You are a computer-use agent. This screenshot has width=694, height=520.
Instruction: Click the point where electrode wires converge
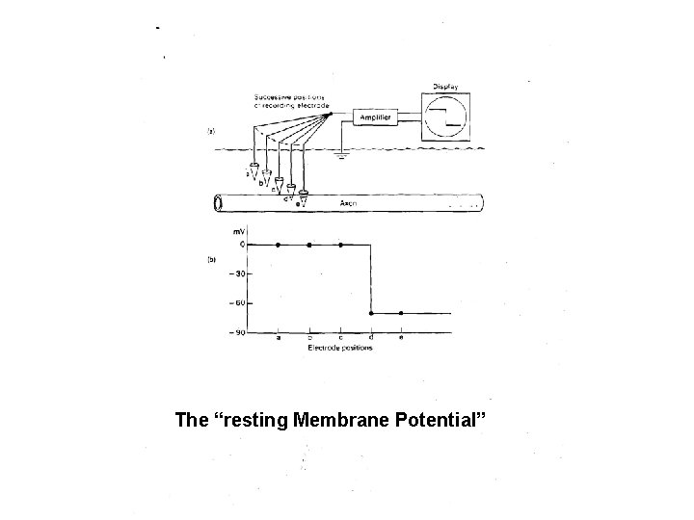pos(331,114)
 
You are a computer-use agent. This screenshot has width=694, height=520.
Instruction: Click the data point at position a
pos(279,245)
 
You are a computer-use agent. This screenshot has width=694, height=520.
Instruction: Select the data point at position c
pos(340,245)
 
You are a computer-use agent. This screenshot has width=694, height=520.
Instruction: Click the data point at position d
pos(371,313)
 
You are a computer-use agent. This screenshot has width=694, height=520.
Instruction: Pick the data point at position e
pos(401,313)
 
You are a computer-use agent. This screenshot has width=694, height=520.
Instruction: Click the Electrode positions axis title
pos(339,348)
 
